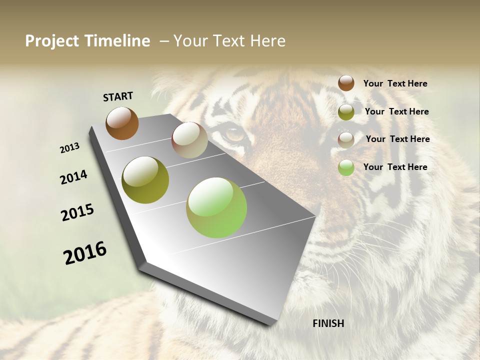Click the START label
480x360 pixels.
point(118,96)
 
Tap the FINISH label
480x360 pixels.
point(328,323)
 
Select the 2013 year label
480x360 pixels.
point(70,148)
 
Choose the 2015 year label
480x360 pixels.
point(77,212)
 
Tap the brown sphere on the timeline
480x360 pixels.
point(122,123)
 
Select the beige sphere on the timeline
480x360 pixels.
point(189,140)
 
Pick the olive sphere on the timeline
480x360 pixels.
point(145,180)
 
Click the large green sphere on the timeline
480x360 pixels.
point(216,207)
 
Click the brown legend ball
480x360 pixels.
point(346,83)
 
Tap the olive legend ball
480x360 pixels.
point(346,111)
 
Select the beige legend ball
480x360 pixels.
point(346,139)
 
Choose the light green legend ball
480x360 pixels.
point(346,167)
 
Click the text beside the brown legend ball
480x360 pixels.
point(395,83)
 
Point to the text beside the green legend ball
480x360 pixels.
point(395,167)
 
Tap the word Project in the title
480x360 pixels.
point(52,41)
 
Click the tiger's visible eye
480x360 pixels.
point(234,134)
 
